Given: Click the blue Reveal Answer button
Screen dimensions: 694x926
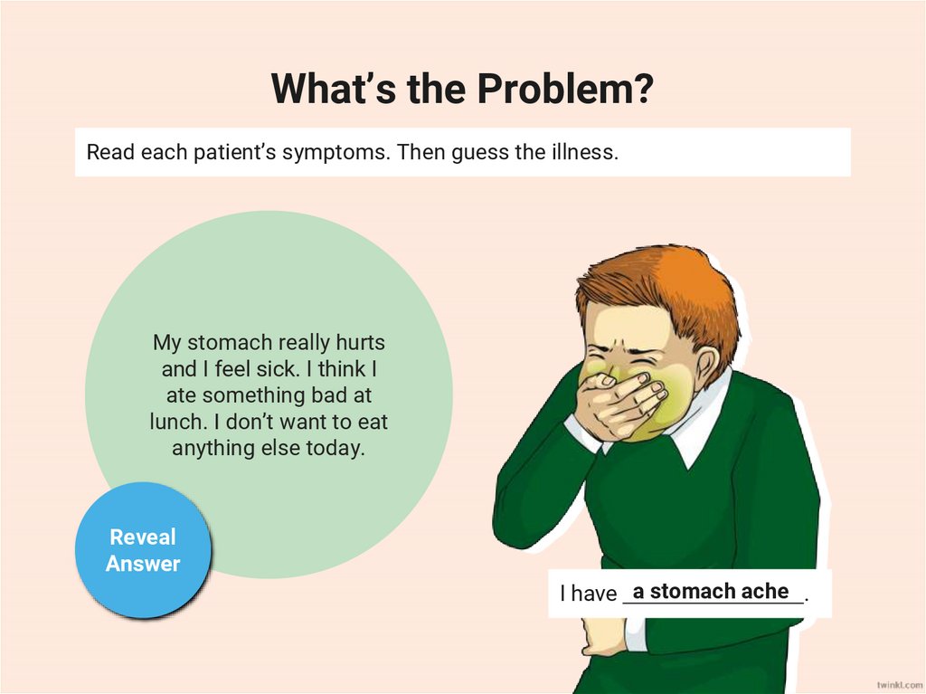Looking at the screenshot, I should tap(143, 550).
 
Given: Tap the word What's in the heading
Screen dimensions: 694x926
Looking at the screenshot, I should tap(325, 89).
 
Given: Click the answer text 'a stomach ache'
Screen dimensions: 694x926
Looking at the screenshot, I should tap(711, 591).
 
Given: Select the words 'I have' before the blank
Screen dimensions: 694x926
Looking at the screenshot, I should tap(588, 594).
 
